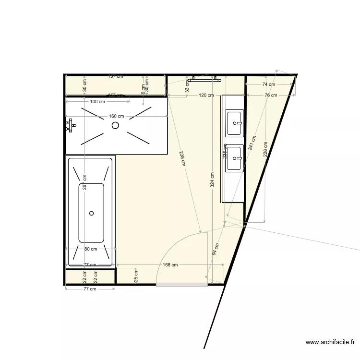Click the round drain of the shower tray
click(115, 125)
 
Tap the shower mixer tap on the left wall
click(70, 125)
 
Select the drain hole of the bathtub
click(91, 213)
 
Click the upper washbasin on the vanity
click(235, 123)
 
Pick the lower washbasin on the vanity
click(235, 158)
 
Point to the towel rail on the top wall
click(204, 78)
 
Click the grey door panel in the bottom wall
click(182, 285)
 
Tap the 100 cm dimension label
click(97, 101)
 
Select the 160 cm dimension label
click(116, 116)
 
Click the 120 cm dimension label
click(206, 96)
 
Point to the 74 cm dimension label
click(269, 84)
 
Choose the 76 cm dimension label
click(271, 96)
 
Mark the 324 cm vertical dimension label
click(213, 179)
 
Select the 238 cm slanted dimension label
click(182, 158)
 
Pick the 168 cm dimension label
click(170, 264)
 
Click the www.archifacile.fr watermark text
click(330, 342)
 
